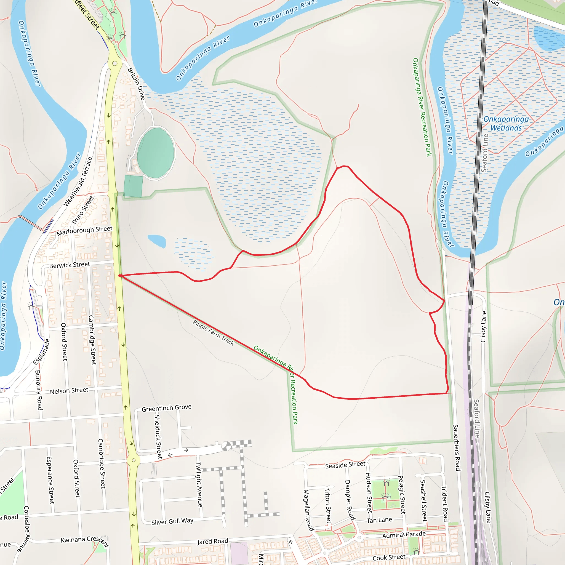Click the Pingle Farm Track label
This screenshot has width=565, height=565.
pos(213,332)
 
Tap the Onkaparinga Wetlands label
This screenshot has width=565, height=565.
pos(506,123)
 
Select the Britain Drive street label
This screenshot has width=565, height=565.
pos(136,84)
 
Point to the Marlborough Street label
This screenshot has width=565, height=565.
pos(84,231)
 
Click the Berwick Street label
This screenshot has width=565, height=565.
pos(69,265)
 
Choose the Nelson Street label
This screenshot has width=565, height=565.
pos(69,391)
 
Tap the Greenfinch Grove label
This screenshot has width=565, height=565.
pos(166,408)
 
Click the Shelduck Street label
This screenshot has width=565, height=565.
pos(158,436)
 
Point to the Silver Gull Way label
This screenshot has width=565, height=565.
pos(172,521)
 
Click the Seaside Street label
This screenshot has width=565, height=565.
pos(345,465)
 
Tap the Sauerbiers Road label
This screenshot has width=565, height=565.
pos(457,447)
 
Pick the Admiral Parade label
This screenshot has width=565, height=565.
pos(404,535)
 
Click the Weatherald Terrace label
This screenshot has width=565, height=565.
pos(78,181)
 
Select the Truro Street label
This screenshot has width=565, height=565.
pos(83,210)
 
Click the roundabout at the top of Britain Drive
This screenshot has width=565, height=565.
pos(115,63)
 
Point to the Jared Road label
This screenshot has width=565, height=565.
pos(212,541)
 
